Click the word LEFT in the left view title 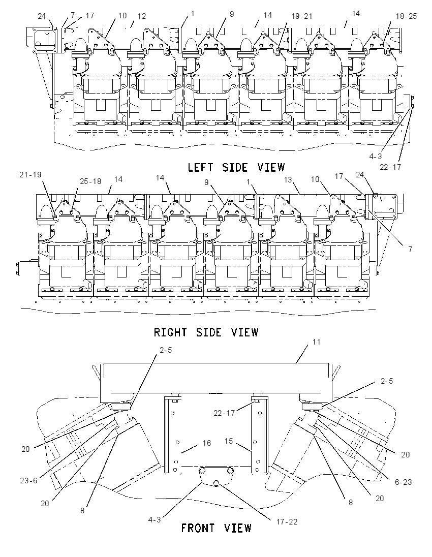click(x=201, y=167)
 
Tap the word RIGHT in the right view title click(x=170, y=332)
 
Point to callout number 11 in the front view click(x=317, y=342)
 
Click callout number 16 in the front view click(x=207, y=443)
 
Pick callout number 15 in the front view click(x=229, y=441)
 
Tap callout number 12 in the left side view click(x=142, y=16)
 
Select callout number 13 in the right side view click(x=288, y=180)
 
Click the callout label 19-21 click(x=301, y=16)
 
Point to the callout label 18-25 click(x=406, y=16)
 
